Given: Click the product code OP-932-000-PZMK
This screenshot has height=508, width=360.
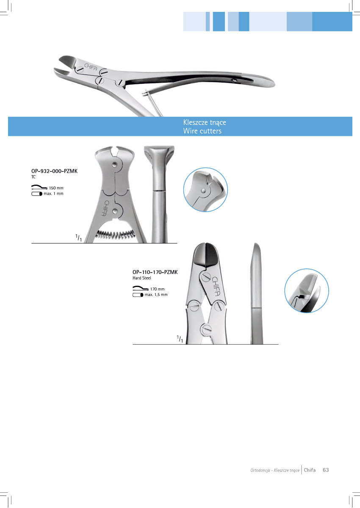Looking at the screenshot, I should [55, 172].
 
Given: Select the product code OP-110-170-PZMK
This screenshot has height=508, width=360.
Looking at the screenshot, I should [155, 272].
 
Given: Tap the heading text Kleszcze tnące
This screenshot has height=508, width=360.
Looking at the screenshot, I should [205, 122].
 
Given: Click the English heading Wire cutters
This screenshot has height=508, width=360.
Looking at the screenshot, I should [202, 131].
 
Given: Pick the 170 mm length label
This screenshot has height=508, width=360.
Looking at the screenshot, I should [157, 289].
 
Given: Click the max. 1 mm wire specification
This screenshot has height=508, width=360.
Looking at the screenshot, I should [53, 194].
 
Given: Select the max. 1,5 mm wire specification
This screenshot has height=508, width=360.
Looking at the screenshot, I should [156, 295].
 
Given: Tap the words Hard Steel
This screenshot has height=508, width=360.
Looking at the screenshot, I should [142, 278].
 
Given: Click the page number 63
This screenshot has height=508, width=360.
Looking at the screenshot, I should [326, 470].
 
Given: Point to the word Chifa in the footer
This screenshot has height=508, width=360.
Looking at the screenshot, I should [310, 470].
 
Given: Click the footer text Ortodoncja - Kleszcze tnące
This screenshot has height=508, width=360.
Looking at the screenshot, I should [275, 470].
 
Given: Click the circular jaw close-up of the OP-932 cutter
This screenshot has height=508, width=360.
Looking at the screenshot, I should [205, 189].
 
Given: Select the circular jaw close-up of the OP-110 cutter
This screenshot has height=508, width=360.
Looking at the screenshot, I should [307, 291].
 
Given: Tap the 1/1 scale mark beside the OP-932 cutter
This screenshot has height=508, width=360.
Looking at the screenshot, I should [78, 238].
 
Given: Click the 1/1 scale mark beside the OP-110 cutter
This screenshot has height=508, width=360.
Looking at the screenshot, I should [180, 339].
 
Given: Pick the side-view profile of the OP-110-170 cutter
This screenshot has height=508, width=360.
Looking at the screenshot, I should [257, 292].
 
